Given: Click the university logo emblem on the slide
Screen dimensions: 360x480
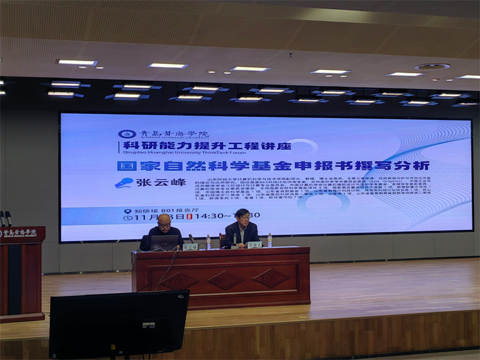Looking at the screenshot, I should [127, 134].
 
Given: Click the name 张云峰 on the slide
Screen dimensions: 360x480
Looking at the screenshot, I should [155, 182].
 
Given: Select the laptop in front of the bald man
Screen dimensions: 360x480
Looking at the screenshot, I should [164, 243].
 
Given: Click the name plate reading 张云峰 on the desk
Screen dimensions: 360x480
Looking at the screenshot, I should [191, 246].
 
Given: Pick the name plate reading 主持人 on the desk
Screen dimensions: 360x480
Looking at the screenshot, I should [255, 244].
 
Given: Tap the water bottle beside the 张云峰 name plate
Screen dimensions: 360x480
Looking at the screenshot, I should [208, 242].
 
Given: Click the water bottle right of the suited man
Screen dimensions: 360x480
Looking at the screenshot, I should [270, 240].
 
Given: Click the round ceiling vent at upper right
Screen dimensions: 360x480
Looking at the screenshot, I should [433, 66].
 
